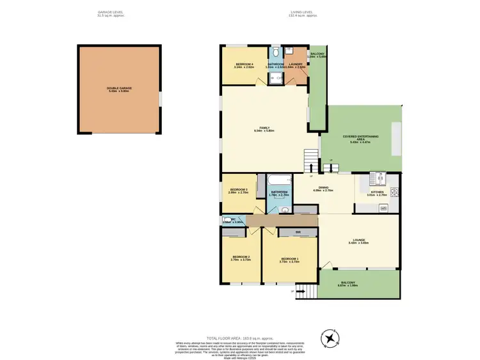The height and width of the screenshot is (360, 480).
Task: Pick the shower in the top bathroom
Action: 276,78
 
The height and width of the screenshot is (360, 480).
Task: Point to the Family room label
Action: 264,128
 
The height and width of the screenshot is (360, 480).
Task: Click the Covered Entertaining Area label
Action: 360,136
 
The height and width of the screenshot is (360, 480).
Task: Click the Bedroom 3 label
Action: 239,189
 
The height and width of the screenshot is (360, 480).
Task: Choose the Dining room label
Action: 321,189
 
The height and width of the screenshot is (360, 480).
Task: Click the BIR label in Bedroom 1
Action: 298,231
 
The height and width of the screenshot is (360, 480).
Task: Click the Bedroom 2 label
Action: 239,258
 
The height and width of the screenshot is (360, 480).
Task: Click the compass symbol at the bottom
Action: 330,338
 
